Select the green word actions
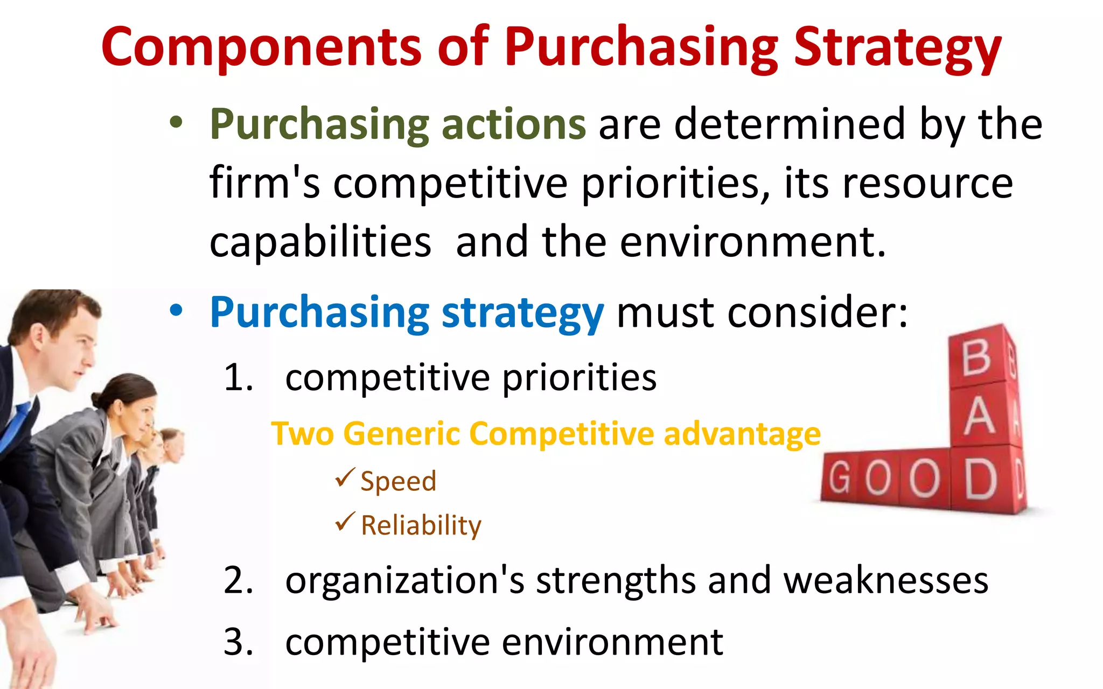pyautogui.click(x=513, y=124)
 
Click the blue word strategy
pyautogui.click(x=522, y=313)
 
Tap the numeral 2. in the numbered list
pyautogui.click(x=238, y=580)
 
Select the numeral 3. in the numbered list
pyautogui.click(x=238, y=642)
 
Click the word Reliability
pyautogui.click(x=421, y=525)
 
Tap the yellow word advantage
pyautogui.click(x=742, y=434)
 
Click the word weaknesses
pyautogui.click(x=885, y=580)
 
